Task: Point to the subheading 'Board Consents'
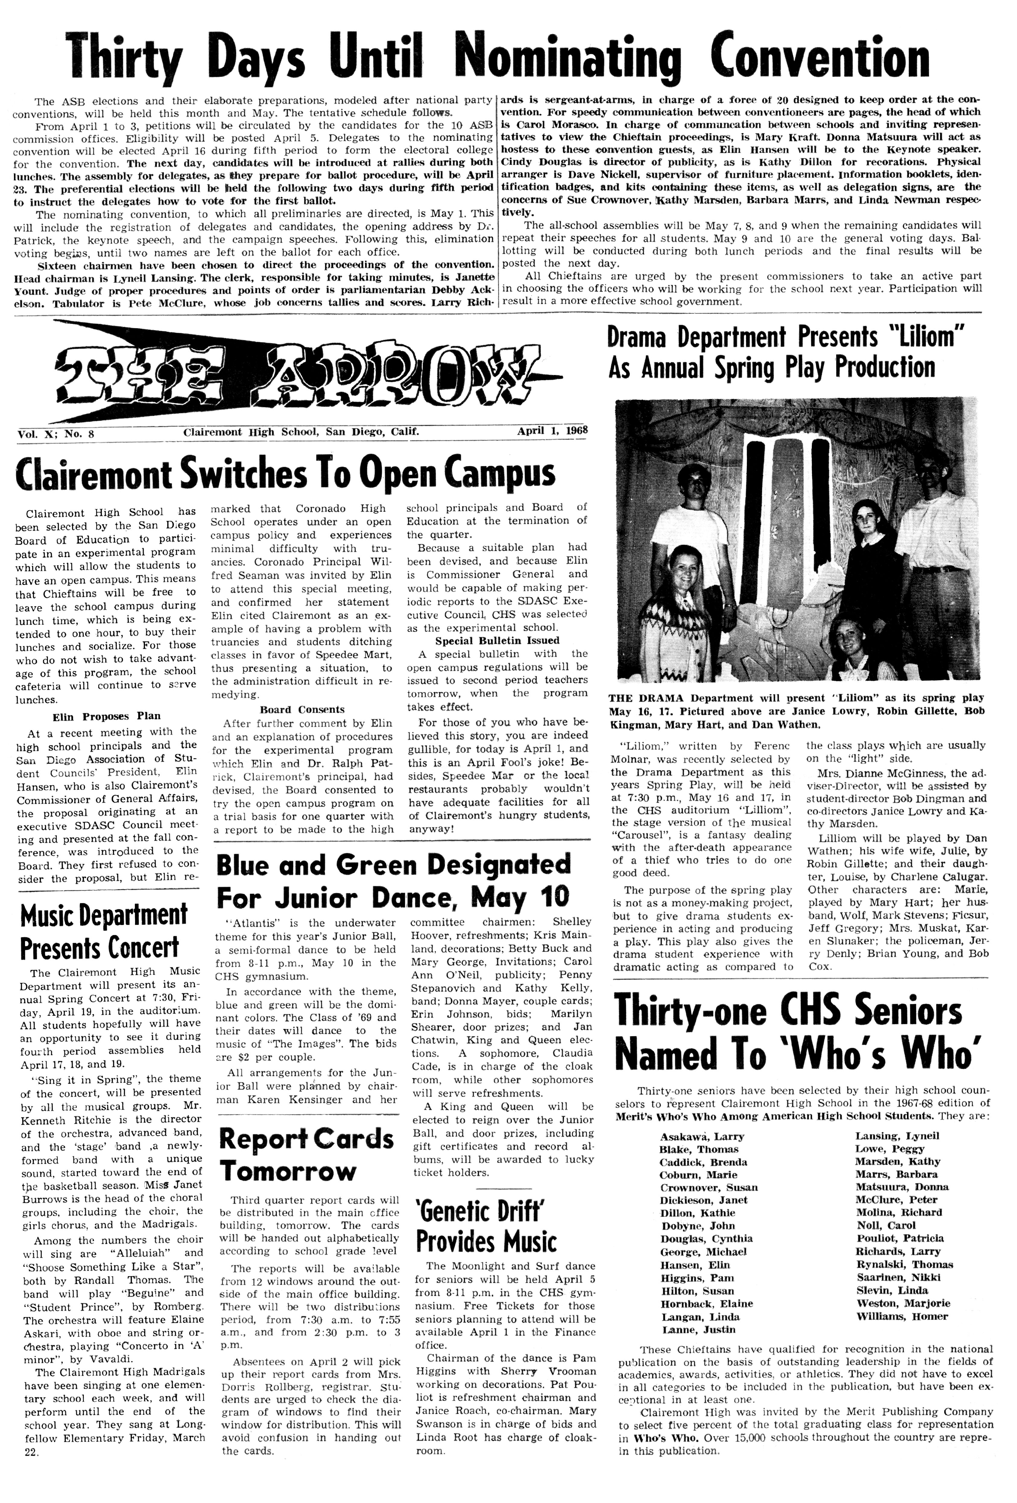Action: pos(302,710)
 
